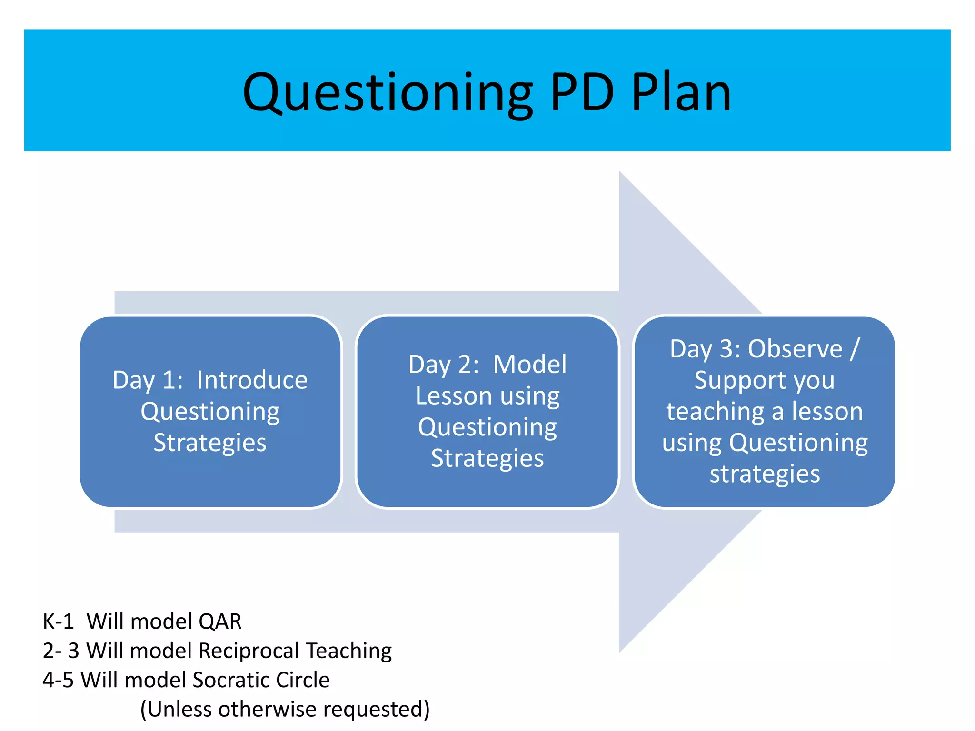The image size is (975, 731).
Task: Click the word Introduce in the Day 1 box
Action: (252, 380)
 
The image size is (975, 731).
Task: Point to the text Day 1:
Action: (148, 381)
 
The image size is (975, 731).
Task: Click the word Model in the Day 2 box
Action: (529, 365)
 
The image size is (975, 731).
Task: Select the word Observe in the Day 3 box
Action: (795, 349)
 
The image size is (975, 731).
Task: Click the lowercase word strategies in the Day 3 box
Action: (765, 474)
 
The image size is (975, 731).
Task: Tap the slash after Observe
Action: (855, 349)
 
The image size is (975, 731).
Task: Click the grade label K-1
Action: (58, 622)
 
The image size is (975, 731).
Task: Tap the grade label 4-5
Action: (58, 680)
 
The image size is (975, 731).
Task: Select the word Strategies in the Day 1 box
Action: (210, 443)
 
